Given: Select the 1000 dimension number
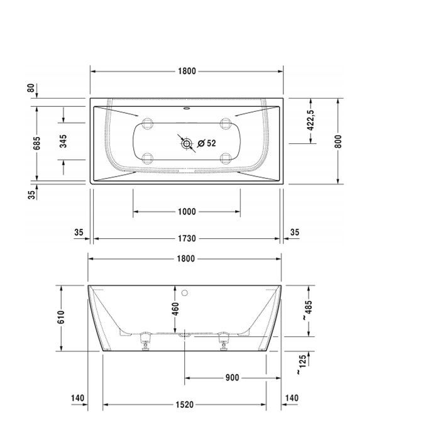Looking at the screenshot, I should pos(187,212).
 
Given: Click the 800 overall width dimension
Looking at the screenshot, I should pos(338,141).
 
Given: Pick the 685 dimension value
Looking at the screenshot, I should pos(37,143).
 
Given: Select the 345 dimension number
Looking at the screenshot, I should pos(63,141).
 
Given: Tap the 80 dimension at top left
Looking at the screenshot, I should pos(30,88).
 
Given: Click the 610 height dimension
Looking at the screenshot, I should pos(61,318).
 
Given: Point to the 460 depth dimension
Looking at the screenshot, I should pos(176,309).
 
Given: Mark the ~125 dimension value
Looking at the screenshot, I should pos(302,365).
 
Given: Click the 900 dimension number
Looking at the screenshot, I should pos(231,378).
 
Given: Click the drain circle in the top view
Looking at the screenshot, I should pos(187,145).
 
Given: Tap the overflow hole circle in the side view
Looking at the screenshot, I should pos(185,292).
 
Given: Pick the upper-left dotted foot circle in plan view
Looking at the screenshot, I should pos(148,124).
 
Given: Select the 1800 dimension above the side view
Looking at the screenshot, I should pos(185,258).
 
